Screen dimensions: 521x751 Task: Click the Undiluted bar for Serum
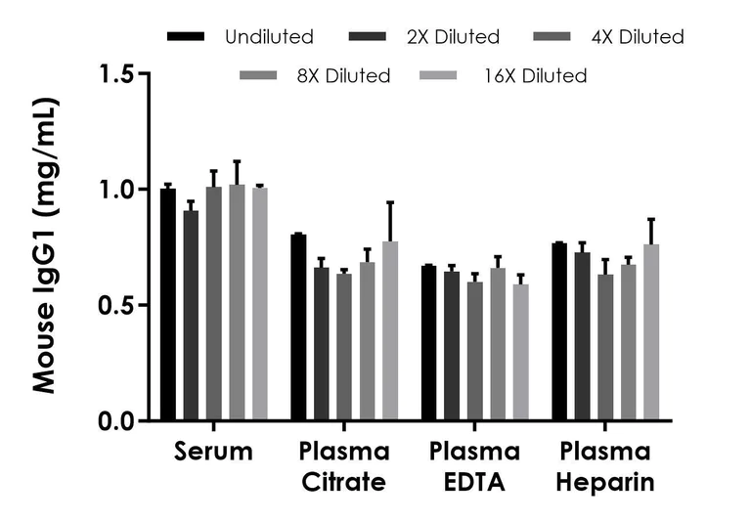(168, 305)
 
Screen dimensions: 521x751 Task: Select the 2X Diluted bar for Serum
(191, 316)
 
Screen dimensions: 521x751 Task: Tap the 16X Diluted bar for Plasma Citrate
(390, 331)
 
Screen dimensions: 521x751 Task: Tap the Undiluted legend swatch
(186, 37)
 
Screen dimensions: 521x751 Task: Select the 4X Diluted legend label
(636, 37)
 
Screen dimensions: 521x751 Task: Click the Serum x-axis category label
(213, 452)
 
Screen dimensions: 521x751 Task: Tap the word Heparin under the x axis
(606, 483)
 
